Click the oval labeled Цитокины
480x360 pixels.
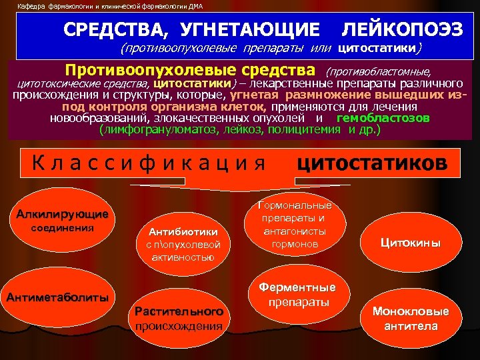[411, 243]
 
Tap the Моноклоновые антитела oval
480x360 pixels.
[411, 319]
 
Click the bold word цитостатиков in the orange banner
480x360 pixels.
[371, 163]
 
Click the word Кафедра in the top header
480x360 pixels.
[31, 6]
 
